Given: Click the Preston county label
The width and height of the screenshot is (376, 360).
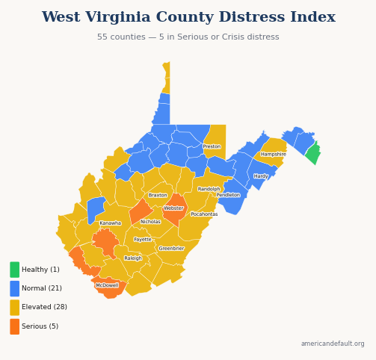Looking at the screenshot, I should pos(212,146).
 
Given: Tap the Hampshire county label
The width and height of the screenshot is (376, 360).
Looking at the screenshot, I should pos(273,155).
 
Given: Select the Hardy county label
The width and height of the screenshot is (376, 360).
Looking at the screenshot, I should pos(260,177).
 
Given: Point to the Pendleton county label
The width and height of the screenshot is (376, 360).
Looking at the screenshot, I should pos(228,195).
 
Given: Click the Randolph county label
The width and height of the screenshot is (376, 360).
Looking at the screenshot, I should pos(209,189).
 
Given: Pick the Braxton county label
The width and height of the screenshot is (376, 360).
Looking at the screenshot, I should pos(158,195).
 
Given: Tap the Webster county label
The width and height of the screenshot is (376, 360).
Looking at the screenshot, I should pos(173,208).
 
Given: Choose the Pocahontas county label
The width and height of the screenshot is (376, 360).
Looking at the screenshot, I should pos(204,214).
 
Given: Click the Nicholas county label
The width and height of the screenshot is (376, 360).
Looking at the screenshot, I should pos(150,222).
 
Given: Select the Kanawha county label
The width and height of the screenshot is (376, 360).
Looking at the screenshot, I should pos(110,223).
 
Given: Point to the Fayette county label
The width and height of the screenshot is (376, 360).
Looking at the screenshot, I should pos(143,240).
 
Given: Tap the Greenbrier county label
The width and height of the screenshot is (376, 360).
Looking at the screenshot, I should pos(171,249).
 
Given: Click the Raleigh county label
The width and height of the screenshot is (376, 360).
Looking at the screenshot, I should pos(133,258).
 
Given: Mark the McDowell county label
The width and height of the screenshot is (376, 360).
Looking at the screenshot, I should pos(107,285).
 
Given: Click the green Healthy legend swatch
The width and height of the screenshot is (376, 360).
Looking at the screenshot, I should pos(15,270).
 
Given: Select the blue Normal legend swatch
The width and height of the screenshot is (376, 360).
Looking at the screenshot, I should pos(15,288).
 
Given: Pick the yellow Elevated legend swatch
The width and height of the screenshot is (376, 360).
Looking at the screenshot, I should pos(15,308).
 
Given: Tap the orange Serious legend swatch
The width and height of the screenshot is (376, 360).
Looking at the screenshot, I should pos(15,326).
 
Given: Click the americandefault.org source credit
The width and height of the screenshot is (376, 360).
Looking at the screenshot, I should pos(333,344).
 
